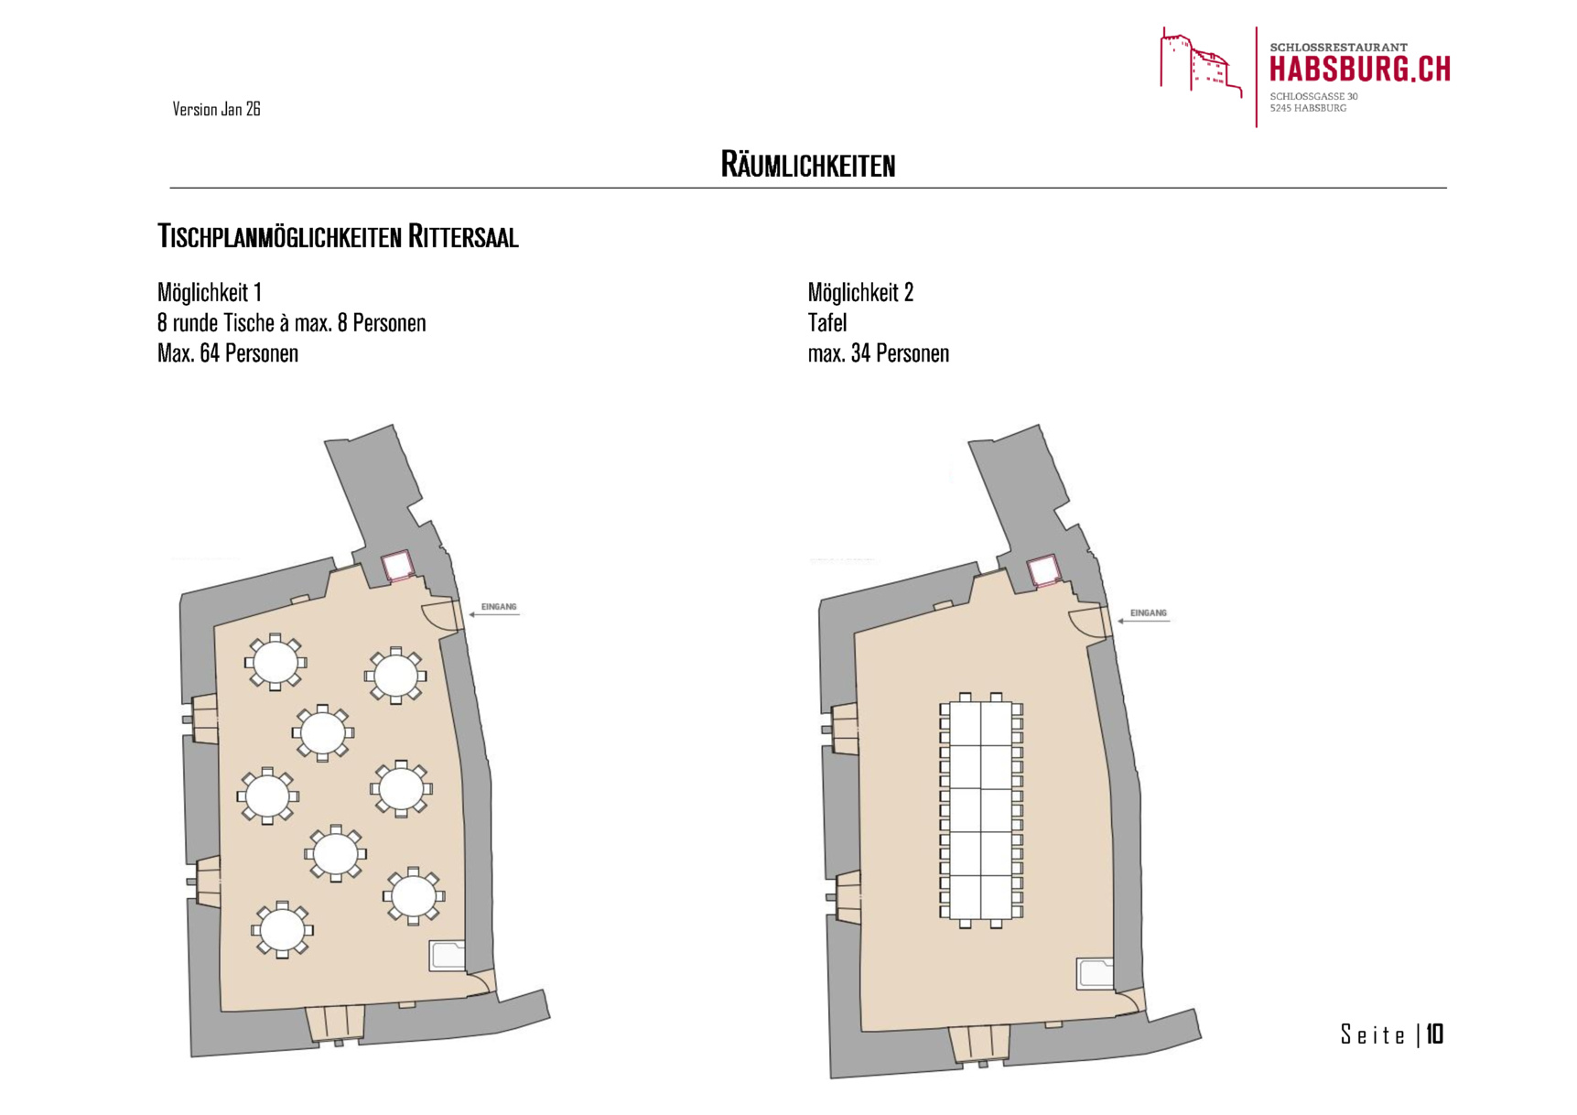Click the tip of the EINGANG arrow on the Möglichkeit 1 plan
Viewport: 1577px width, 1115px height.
tap(469, 614)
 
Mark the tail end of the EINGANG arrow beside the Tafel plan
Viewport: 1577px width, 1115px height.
tap(1169, 621)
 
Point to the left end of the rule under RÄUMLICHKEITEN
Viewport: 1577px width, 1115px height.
tap(170, 188)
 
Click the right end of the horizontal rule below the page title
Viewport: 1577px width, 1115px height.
tap(1447, 188)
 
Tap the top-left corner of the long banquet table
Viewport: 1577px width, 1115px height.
tap(950, 702)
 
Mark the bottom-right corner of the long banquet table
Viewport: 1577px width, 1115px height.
tap(1011, 919)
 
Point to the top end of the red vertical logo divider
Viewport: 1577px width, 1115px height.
tap(1257, 27)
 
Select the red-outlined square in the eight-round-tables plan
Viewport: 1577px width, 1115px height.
tap(397, 566)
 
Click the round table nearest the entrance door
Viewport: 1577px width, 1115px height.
tap(395, 677)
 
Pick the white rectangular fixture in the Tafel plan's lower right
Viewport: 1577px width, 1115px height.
tap(1095, 973)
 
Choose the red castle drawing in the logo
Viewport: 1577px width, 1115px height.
tap(1201, 62)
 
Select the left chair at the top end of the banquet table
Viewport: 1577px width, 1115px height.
tap(965, 698)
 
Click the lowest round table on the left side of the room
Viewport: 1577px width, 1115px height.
tap(282, 930)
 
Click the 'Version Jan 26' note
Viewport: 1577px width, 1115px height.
tap(216, 109)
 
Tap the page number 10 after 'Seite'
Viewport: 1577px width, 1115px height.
tap(1435, 1034)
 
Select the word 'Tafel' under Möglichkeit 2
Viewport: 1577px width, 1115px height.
tap(827, 323)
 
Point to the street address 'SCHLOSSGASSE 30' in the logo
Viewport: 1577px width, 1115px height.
tap(1313, 96)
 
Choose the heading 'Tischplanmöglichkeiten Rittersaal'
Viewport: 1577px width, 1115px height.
tap(338, 236)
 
